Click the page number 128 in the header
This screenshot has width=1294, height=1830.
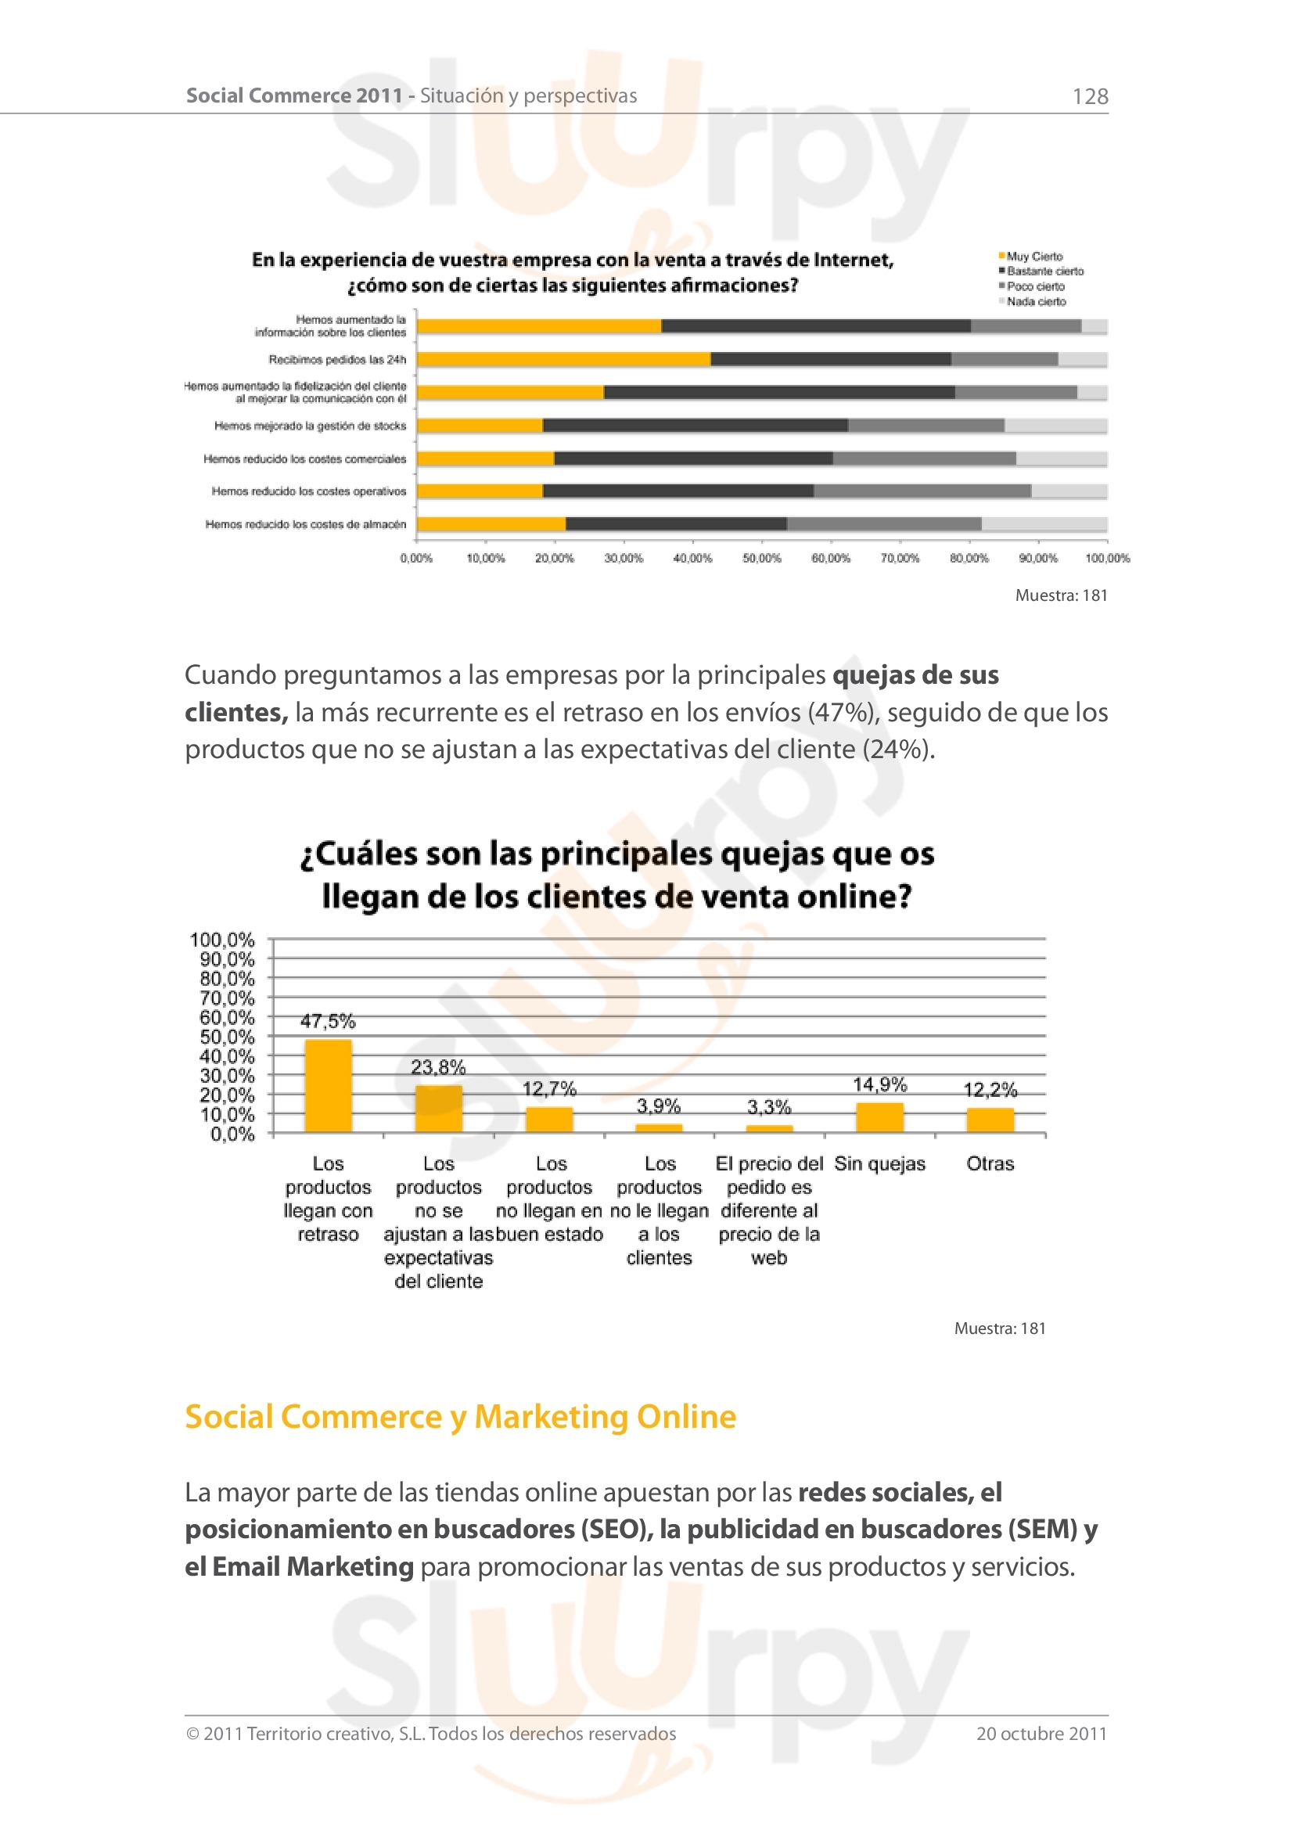(x=1090, y=96)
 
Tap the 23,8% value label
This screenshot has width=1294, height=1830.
(x=438, y=1066)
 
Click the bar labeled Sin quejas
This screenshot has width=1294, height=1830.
(x=879, y=1116)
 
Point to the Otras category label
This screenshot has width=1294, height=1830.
(x=990, y=1163)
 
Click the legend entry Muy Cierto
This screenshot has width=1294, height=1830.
(x=1034, y=257)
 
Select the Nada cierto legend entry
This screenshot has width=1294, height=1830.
(x=1036, y=301)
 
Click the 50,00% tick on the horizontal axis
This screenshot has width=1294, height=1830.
(x=762, y=558)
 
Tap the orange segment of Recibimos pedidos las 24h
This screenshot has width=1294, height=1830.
(x=563, y=359)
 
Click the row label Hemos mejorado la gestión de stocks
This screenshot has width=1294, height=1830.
(x=310, y=426)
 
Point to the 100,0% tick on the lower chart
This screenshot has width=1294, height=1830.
(x=222, y=940)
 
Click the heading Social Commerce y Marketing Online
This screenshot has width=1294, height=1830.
(x=461, y=1416)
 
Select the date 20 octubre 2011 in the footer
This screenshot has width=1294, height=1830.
(x=1041, y=1734)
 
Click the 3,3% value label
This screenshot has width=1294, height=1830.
(x=769, y=1106)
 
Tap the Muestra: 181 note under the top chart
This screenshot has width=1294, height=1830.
(x=1061, y=595)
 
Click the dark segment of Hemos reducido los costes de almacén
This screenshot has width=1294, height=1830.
(x=676, y=523)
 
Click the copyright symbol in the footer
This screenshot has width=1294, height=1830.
(x=192, y=1735)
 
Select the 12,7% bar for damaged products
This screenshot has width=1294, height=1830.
(x=549, y=1119)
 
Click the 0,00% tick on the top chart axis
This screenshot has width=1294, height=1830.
(x=416, y=558)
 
